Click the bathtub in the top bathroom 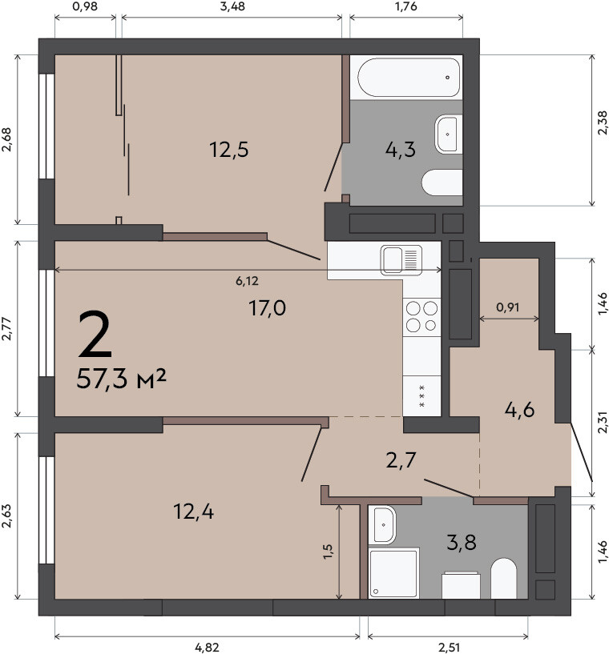coord(409,78)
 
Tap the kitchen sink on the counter coord(401,260)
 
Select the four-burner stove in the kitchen coord(421,316)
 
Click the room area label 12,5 coord(228,150)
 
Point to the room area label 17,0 coord(267,308)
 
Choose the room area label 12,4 coord(193,512)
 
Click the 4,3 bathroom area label coord(401,150)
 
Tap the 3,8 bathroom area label coord(462,543)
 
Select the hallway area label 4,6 coord(519,410)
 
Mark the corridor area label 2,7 coord(401,460)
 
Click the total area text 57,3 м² coord(122,379)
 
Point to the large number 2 coord(95,335)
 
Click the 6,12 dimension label coord(247,281)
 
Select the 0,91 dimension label coord(507,307)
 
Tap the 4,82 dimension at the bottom coord(207,648)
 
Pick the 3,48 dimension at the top coord(232,6)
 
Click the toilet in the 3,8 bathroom coord(504,578)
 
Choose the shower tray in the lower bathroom coord(393,573)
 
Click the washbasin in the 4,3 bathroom coord(448,134)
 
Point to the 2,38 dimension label coord(602,122)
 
